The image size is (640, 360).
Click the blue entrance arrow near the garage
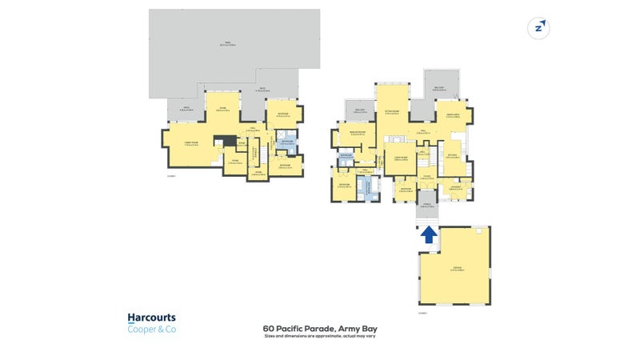(x=428, y=234)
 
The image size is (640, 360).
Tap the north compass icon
(x=538, y=28)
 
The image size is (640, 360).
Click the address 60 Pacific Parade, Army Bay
(x=319, y=328)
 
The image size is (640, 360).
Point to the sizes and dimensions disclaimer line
(x=319, y=335)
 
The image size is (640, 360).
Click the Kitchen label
(x=452, y=156)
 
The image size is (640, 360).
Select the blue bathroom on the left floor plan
(x=286, y=144)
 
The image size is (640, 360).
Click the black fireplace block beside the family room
(x=230, y=142)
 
